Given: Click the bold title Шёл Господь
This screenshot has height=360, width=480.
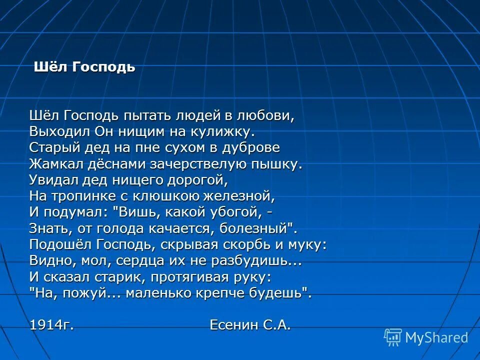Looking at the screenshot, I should point(84,67).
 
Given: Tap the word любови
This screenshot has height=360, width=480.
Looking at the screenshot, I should point(267,116).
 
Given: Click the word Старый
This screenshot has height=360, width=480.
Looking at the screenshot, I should point(51,148).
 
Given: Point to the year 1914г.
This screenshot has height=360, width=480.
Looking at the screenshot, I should point(52,325).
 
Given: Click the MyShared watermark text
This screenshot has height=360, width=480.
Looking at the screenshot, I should point(436,338).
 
